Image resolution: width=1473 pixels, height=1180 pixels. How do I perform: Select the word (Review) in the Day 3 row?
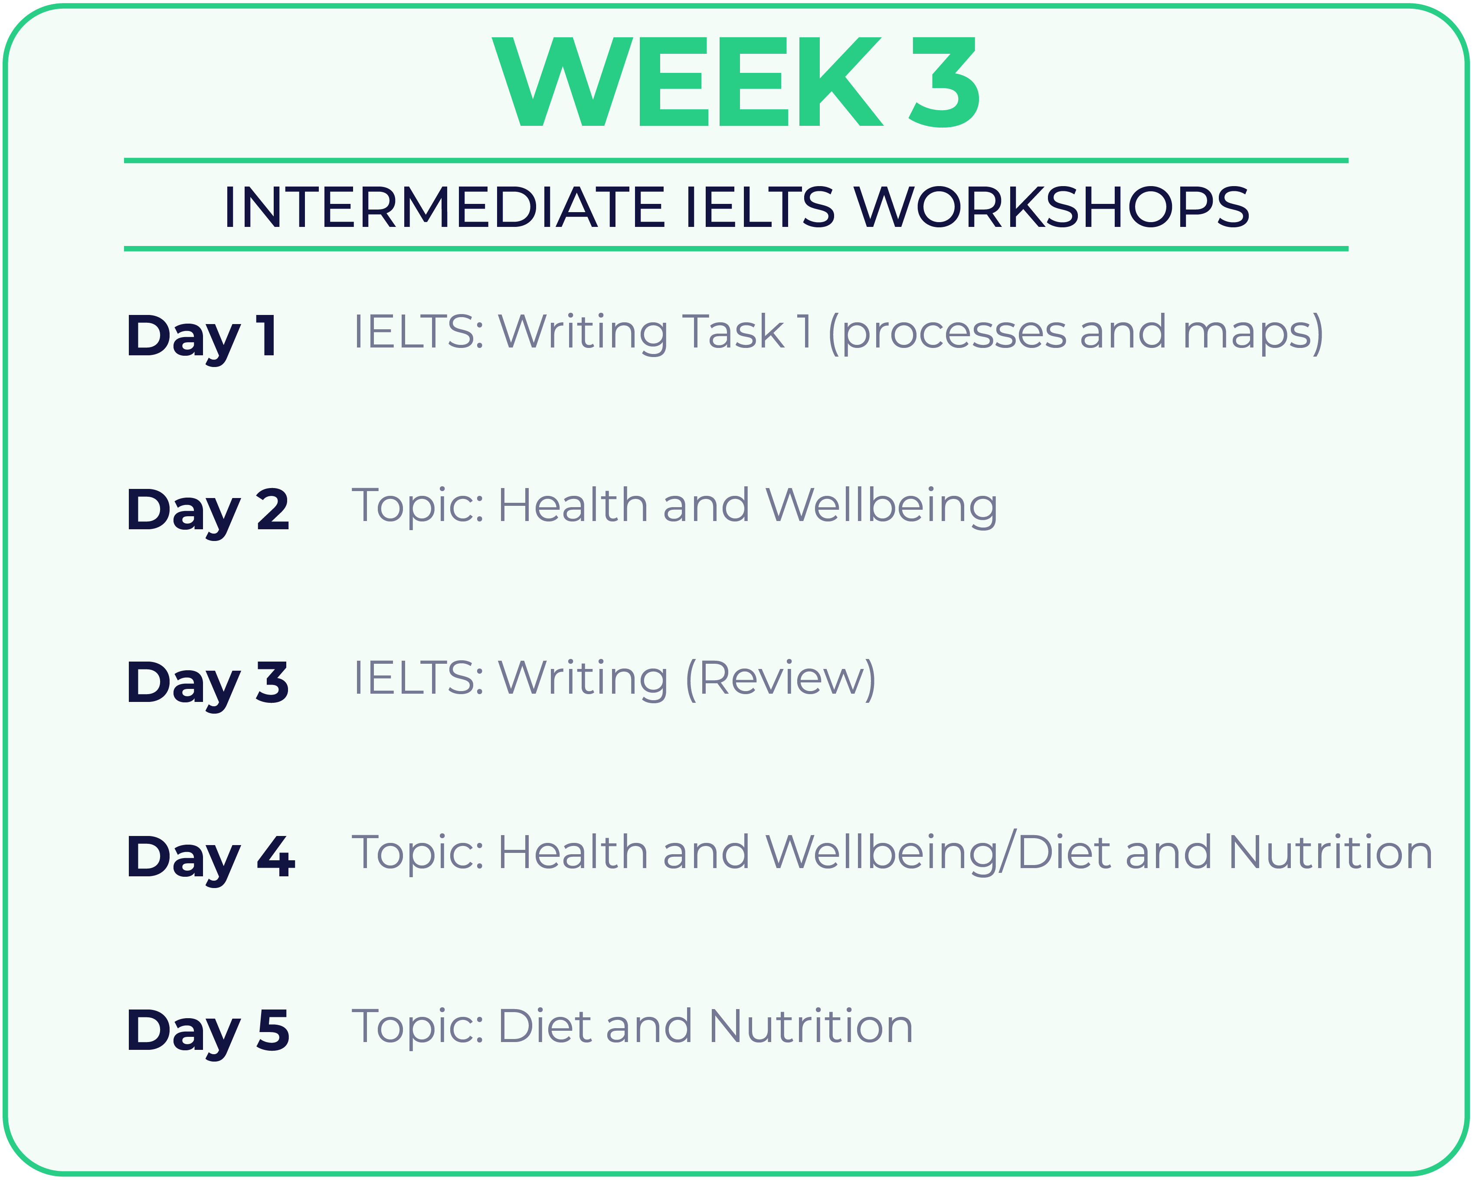[x=780, y=681]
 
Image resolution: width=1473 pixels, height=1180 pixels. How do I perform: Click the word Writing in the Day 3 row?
[x=583, y=681]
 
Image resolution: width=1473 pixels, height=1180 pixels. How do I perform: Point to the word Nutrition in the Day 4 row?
[x=1330, y=853]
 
